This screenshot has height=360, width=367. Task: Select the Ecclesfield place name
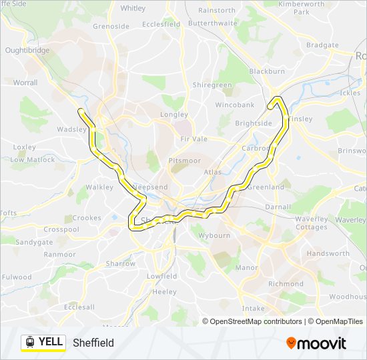pyautogui.click(x=161, y=24)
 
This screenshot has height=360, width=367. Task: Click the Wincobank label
pyautogui.click(x=235, y=105)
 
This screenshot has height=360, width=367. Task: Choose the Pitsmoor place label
pyautogui.click(x=184, y=161)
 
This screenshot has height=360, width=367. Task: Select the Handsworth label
pyautogui.click(x=328, y=254)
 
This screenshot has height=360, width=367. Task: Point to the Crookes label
pyautogui.click(x=87, y=218)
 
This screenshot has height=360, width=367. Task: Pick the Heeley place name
pyautogui.click(x=164, y=292)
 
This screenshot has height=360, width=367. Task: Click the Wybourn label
pyautogui.click(x=214, y=235)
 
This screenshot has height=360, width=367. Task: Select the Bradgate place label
pyautogui.click(x=323, y=45)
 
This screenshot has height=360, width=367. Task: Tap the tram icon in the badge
pyautogui.click(x=30, y=342)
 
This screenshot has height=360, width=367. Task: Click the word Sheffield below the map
pyautogui.click(x=93, y=343)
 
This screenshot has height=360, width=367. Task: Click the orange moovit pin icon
pyautogui.click(x=291, y=343)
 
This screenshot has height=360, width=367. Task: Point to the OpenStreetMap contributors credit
pyautogui.click(x=256, y=321)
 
